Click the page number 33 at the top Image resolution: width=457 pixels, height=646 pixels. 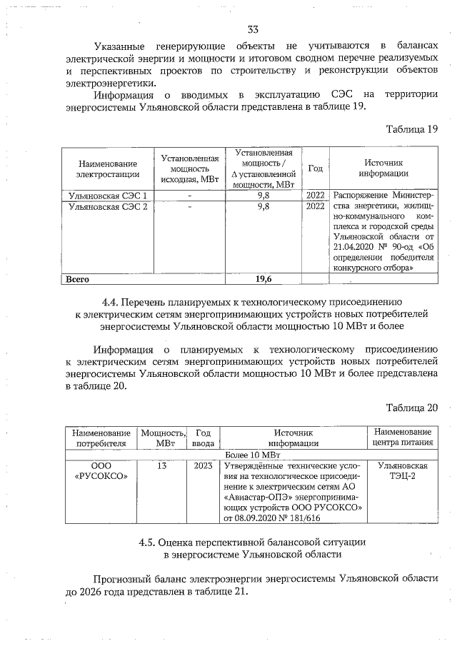click(x=252, y=29)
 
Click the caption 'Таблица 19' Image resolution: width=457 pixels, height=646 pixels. click(x=411, y=129)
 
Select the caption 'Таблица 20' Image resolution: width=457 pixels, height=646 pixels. click(x=411, y=408)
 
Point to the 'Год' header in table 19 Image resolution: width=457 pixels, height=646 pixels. click(x=314, y=168)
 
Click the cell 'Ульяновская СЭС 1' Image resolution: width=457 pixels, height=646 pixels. click(x=107, y=196)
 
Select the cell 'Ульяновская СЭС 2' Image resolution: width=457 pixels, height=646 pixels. click(x=107, y=207)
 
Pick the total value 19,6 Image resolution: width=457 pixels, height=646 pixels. click(x=263, y=278)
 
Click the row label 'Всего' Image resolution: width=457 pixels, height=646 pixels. click(x=78, y=278)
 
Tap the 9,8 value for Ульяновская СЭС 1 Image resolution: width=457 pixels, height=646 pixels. click(x=263, y=196)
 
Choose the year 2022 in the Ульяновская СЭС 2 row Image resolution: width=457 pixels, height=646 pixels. click(x=315, y=207)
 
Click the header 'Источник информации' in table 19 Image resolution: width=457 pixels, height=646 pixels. click(x=383, y=168)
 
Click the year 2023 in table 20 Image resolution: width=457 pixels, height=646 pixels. click(x=203, y=465)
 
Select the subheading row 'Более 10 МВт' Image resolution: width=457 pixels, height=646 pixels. click(x=252, y=453)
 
